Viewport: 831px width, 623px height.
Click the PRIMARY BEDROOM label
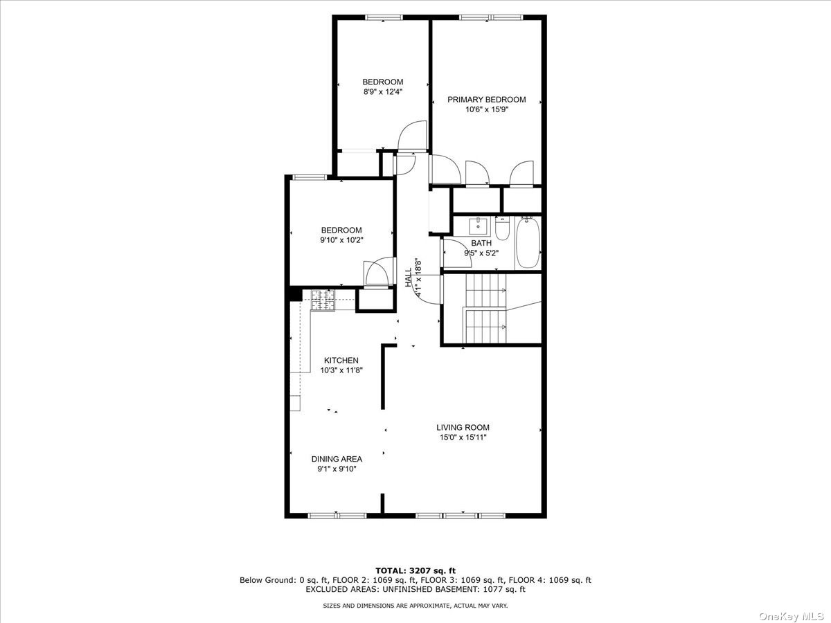coord(487,100)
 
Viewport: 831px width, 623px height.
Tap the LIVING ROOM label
coord(463,427)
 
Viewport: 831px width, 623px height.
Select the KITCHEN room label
coord(341,361)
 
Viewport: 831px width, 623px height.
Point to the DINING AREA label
coord(337,459)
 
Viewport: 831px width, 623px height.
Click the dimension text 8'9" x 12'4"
coord(383,91)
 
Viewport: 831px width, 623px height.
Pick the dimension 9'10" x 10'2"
coord(341,240)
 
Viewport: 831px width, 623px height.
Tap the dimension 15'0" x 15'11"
coord(463,437)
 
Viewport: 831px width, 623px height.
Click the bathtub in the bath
coord(528,242)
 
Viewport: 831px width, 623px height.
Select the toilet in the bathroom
coord(502,229)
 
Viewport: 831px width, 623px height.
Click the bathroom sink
coord(478,226)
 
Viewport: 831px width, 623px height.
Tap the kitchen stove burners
coord(323,300)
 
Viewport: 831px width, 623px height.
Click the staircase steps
coord(485,308)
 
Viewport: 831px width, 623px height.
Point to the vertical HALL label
coord(409,278)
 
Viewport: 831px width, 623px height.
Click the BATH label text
coord(481,243)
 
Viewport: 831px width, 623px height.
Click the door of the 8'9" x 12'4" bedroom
coord(412,136)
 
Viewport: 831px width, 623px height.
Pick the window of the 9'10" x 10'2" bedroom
coord(310,177)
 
